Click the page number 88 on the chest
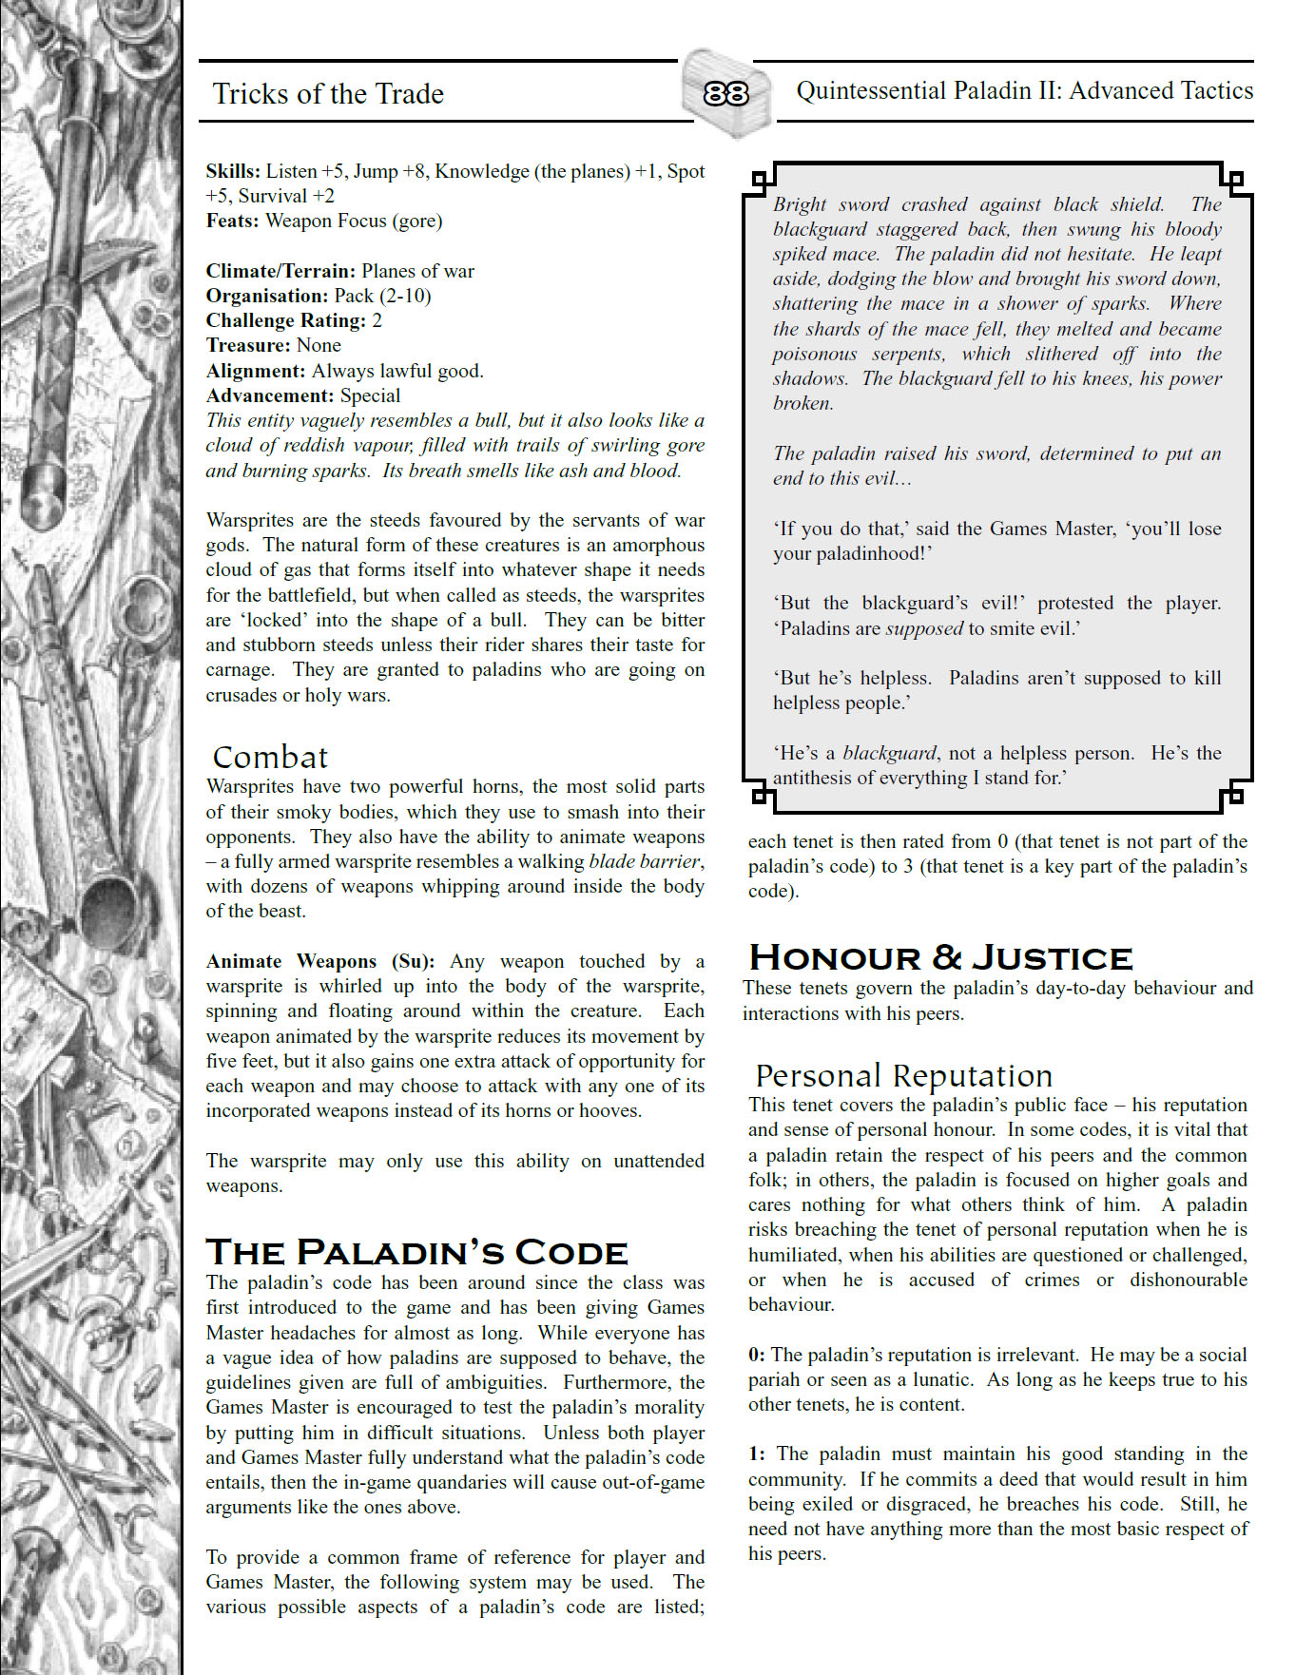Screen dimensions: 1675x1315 [725, 93]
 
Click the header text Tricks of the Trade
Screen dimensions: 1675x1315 [328, 93]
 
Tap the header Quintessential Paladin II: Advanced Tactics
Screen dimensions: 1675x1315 [1024, 90]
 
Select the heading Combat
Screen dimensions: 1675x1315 [270, 757]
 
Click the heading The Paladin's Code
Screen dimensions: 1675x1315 [416, 1252]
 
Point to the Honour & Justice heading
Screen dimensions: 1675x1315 [940, 956]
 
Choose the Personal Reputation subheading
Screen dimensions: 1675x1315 [903, 1075]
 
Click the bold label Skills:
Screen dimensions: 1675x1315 [233, 171]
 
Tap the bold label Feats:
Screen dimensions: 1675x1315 [233, 221]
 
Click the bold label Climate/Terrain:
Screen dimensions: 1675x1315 [280, 271]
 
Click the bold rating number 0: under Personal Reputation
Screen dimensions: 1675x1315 [757, 1355]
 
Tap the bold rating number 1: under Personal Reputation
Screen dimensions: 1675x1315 [757, 1454]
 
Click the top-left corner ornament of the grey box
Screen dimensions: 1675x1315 [761, 178]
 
